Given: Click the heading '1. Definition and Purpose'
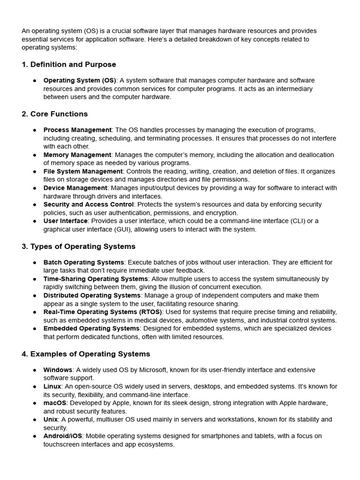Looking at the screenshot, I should [69, 64].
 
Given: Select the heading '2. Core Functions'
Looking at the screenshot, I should [55, 114].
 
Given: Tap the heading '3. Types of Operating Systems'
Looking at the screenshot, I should [78, 246].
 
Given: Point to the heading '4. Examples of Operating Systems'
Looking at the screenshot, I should [86, 354].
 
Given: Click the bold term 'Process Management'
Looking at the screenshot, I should [77, 130].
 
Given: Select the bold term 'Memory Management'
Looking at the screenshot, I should [77, 155].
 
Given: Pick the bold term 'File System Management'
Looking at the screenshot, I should [83, 172].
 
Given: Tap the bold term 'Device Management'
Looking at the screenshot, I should [75, 188].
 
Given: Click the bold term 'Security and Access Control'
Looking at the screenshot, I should [89, 204].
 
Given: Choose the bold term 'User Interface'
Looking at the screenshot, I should [65, 221].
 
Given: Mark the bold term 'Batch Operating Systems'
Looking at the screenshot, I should [83, 262].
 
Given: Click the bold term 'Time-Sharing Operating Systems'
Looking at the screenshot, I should [96, 279].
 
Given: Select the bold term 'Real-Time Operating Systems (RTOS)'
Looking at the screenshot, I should [103, 312].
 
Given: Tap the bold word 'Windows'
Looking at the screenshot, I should [58, 370].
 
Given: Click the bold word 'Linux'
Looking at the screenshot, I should [52, 386].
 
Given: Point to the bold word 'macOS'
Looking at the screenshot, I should [55, 403].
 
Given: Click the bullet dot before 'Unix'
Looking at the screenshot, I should [35, 420].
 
